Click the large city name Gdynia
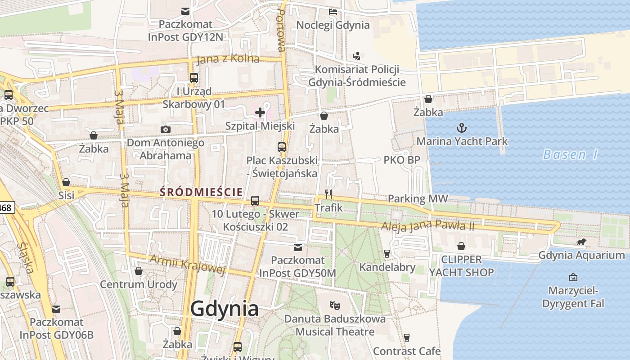224,309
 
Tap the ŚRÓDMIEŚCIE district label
201,192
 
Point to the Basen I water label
570,155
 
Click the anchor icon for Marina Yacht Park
462,128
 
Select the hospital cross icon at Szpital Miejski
260,112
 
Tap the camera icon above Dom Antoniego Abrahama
166,130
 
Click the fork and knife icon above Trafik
328,194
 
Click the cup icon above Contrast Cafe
407,337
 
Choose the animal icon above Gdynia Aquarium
581,242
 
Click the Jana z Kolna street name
228,59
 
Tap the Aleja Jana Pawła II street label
427,226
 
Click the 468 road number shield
6,207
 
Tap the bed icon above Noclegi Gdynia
333,12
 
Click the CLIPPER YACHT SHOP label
461,266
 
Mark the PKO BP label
402,160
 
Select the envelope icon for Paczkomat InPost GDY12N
185,11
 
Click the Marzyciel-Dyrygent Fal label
573,297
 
